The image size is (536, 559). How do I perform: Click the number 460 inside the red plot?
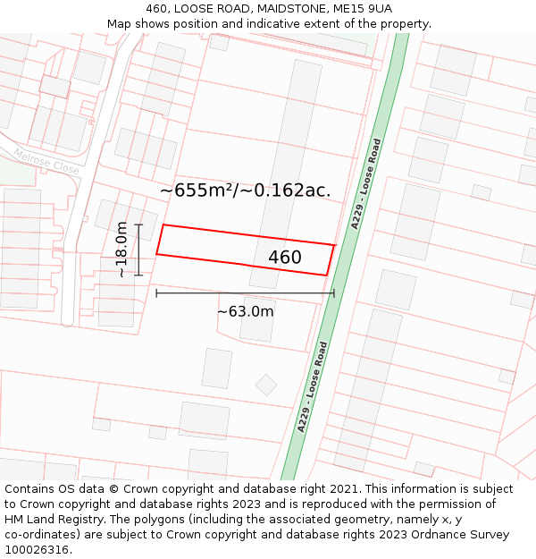[x=285, y=258]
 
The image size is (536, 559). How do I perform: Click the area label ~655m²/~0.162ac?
[x=245, y=190]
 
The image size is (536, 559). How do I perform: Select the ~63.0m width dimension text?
[x=245, y=311]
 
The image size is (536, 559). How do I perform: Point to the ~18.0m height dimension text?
[x=121, y=250]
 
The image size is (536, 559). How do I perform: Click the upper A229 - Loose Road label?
[x=366, y=184]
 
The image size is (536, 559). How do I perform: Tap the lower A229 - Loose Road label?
[x=314, y=386]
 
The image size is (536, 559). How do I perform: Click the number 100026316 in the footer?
[x=37, y=549]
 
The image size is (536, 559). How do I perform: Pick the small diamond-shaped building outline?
[x=266, y=385]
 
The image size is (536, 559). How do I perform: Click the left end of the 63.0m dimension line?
[x=156, y=292]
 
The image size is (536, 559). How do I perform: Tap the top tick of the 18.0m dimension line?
[x=138, y=224]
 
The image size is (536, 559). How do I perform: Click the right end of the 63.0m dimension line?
[x=334, y=292]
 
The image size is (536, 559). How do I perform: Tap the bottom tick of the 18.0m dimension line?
[x=138, y=275]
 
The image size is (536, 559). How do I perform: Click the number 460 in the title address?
[x=157, y=9]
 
